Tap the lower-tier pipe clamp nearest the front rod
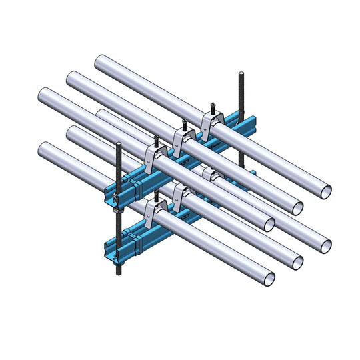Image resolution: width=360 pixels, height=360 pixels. click(x=153, y=209)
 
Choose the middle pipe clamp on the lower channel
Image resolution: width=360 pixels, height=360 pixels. click(x=181, y=194)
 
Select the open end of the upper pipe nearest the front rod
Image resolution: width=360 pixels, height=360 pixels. click(x=269, y=224)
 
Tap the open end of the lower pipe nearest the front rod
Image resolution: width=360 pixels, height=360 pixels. click(x=268, y=279)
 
